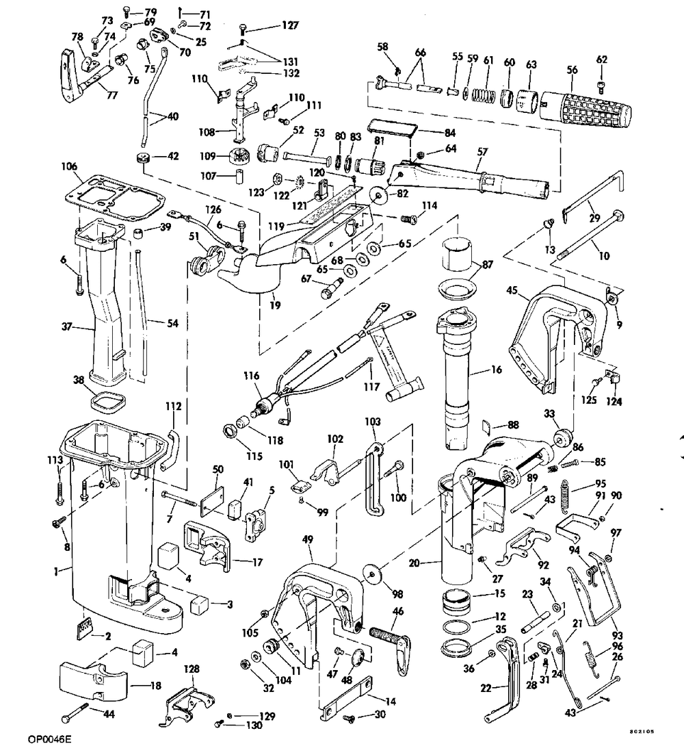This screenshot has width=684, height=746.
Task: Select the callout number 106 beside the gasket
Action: pyautogui.click(x=69, y=166)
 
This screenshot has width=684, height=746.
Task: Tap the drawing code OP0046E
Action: pyautogui.click(x=49, y=739)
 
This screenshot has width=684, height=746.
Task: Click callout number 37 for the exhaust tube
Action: pyautogui.click(x=66, y=327)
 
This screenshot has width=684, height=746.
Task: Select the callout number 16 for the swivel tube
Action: pyautogui.click(x=497, y=370)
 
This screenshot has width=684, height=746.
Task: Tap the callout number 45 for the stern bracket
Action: pyautogui.click(x=512, y=290)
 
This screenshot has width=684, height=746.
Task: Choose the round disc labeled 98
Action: pyautogui.click(x=373, y=574)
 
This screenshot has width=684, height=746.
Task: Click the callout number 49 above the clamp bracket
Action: pyautogui.click(x=308, y=539)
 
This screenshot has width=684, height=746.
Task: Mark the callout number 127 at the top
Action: pyautogui.click(x=291, y=25)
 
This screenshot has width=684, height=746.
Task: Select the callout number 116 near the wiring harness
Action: pyautogui.click(x=252, y=376)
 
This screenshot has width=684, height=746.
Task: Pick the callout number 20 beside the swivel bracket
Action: pyautogui.click(x=415, y=563)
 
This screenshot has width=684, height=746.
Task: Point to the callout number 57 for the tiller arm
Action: pyautogui.click(x=482, y=152)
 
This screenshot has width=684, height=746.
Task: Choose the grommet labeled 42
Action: pyautogui.click(x=141, y=157)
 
